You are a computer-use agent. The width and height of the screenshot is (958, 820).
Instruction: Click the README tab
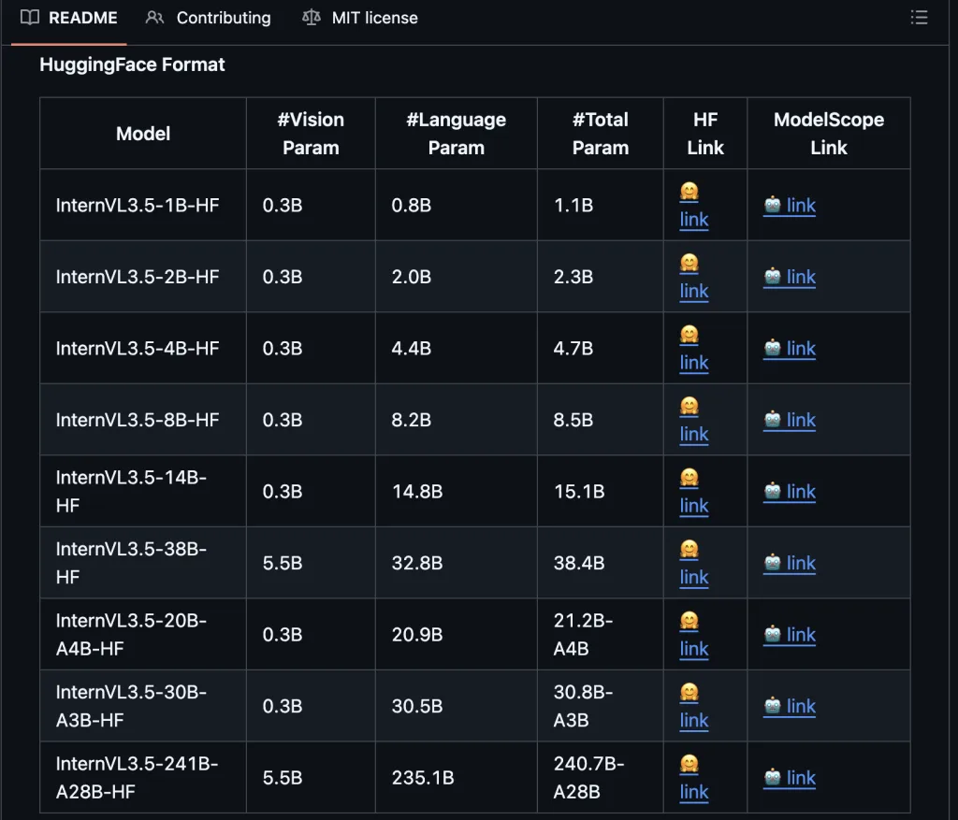[68, 18]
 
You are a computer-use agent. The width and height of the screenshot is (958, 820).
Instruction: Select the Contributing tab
[209, 18]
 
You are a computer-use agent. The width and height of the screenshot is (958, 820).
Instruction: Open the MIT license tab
[360, 18]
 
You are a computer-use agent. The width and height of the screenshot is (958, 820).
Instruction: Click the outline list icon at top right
[919, 17]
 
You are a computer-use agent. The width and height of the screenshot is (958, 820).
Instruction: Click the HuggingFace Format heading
[132, 65]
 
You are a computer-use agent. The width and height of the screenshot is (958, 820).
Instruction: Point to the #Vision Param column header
[311, 133]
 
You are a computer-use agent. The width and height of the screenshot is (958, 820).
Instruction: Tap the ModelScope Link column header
[829, 133]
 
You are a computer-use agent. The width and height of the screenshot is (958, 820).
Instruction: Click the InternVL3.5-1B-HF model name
[138, 205]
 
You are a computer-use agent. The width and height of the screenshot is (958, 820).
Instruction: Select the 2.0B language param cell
[412, 277]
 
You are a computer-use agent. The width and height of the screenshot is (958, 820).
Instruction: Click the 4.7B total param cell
[573, 348]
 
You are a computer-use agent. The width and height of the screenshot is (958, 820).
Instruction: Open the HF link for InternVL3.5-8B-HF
[694, 434]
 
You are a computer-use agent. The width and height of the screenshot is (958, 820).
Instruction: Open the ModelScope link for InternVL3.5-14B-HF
[790, 492]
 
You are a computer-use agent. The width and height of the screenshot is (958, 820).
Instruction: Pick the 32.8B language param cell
[417, 563]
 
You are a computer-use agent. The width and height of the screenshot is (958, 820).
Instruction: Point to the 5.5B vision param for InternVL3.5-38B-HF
[283, 563]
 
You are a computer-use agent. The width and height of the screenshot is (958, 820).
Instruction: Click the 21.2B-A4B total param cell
[583, 634]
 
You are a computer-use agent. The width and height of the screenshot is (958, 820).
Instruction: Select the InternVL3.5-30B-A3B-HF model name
[131, 706]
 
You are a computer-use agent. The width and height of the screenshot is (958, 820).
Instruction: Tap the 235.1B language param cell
[423, 777]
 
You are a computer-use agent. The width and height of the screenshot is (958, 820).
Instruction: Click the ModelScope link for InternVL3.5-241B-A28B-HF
[790, 777]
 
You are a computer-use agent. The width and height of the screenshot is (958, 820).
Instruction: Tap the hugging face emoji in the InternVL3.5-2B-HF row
[689, 263]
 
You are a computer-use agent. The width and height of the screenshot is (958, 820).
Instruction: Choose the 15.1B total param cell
[579, 492]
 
